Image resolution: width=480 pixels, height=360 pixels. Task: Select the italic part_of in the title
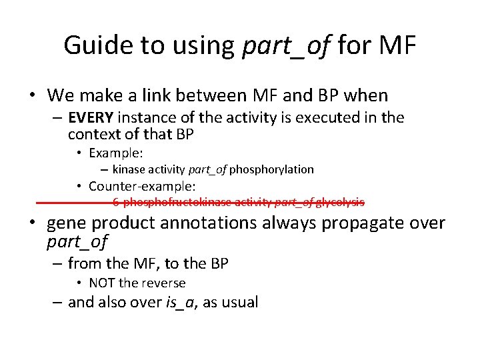[286, 45]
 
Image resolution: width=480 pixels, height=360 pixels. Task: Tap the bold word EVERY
[91, 118]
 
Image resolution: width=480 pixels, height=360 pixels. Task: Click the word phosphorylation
[271, 169]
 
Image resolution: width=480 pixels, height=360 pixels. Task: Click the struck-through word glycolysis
[340, 202]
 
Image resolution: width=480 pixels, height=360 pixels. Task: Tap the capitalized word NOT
[102, 283]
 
